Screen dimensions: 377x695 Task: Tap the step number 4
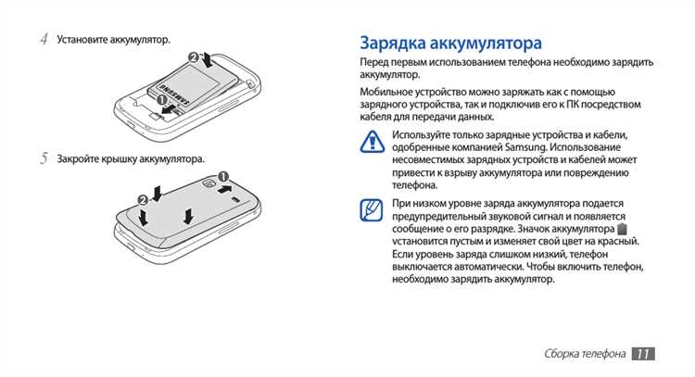point(44,40)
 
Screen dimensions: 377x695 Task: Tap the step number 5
point(44,159)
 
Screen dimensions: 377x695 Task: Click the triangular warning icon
point(371,141)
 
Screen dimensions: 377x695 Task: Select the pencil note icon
point(371,210)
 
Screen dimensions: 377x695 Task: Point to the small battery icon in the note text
point(622,228)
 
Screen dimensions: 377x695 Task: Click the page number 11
point(643,353)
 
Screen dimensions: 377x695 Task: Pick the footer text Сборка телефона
point(584,354)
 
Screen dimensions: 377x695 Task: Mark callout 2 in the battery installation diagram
point(194,57)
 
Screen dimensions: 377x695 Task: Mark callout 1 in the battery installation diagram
point(161,99)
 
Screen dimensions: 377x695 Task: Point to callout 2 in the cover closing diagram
point(143,199)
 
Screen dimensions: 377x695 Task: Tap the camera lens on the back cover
point(211,185)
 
